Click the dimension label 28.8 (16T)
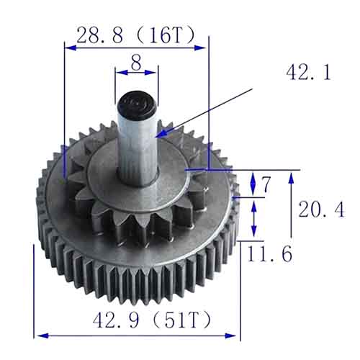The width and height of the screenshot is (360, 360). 136,35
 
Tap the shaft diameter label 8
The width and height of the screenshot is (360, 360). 136,62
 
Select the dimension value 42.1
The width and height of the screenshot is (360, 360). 309,72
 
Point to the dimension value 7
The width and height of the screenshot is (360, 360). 266,184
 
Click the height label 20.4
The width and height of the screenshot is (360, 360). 322,210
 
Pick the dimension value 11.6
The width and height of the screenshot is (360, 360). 270,253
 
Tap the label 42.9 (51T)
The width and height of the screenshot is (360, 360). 152,320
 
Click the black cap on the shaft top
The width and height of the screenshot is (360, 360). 136,102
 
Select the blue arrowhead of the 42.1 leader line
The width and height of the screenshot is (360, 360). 161,133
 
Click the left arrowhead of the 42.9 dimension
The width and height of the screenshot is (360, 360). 43,336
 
